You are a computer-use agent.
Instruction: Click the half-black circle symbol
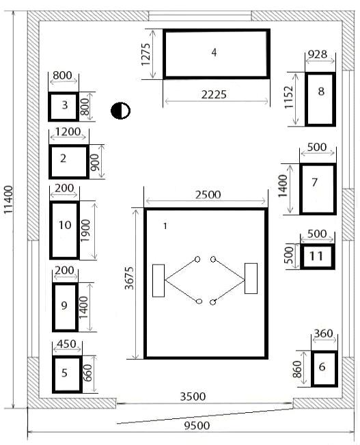point(120,111)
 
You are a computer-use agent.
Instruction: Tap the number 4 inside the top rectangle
point(214,53)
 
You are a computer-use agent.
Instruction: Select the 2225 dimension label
point(214,94)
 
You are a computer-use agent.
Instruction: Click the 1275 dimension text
point(146,54)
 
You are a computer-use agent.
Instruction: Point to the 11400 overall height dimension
point(8,200)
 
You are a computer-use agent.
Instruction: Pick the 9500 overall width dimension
point(197,426)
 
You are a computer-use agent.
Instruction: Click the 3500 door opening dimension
point(193,396)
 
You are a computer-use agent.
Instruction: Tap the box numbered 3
point(64,107)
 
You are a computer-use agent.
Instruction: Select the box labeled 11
point(318,256)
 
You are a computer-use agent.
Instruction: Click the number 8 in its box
point(321,92)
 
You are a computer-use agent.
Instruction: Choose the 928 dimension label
point(318,54)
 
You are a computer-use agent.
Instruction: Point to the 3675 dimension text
point(129,278)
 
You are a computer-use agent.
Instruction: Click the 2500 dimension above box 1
point(208,195)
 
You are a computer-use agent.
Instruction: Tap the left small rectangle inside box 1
point(158,281)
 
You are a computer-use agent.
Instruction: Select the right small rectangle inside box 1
point(251,278)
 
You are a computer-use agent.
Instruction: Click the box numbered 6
point(324,368)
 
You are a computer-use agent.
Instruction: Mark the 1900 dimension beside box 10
point(85,230)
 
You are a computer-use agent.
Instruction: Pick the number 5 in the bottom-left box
point(64,373)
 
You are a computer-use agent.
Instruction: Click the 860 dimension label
point(297,369)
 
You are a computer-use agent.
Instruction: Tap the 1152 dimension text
point(288,97)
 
